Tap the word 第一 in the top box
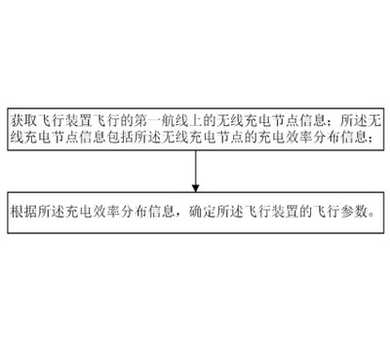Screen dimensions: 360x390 [148, 117]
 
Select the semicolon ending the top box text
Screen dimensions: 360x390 [374, 138]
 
